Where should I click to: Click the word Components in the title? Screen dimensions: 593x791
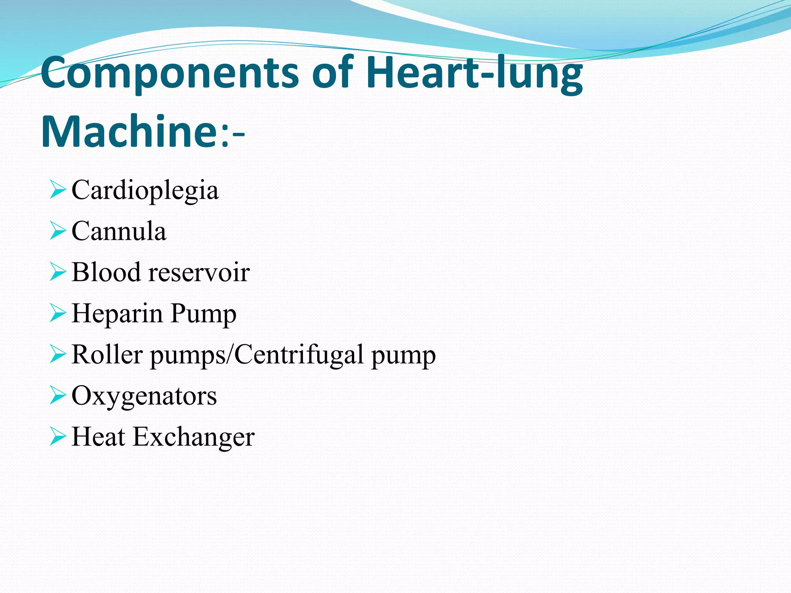[170, 73]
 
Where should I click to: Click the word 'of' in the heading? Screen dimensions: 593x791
[333, 73]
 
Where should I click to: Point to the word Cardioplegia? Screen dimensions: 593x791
[145, 190]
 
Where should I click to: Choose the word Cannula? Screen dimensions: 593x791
[119, 231]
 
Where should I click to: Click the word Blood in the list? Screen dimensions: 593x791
[106, 272]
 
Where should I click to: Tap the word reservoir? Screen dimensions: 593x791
[199, 272]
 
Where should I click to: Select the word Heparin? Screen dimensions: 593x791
[117, 313]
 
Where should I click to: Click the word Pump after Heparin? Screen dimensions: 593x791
[203, 313]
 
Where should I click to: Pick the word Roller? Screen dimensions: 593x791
[107, 354]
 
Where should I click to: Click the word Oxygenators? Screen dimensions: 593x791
[144, 396]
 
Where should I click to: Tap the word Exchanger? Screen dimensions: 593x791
[194, 437]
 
